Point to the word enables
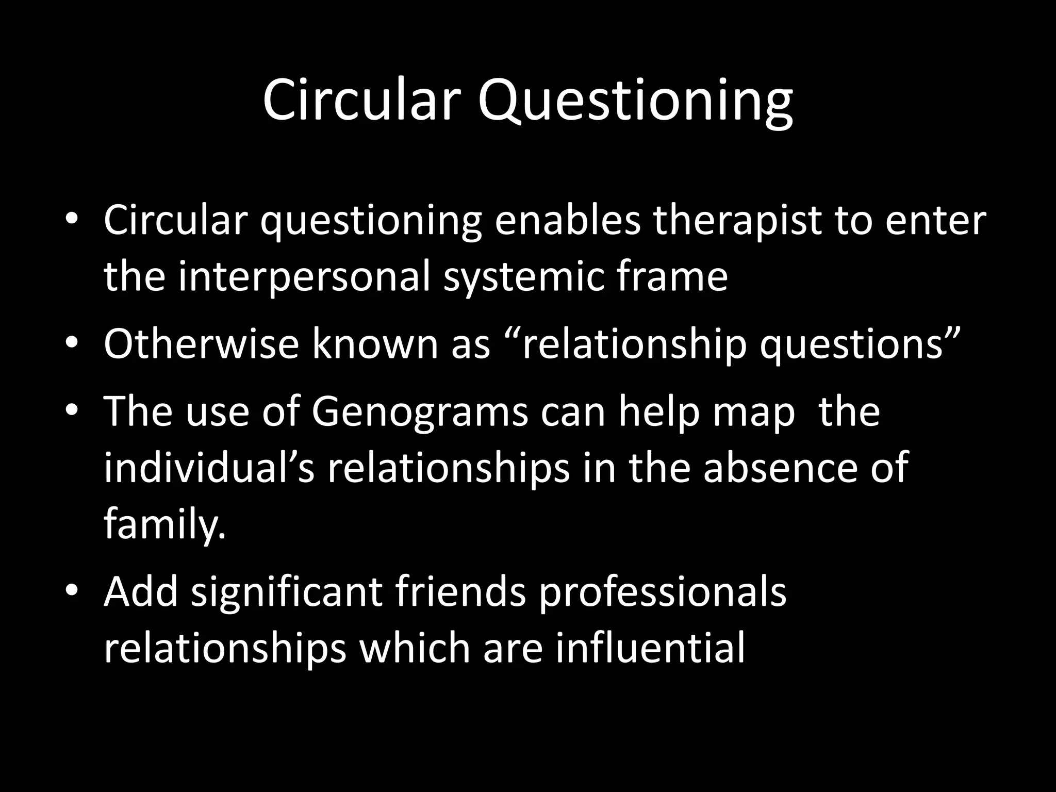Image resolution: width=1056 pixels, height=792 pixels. pos(568,220)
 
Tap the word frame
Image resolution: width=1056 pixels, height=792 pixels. pos(671,277)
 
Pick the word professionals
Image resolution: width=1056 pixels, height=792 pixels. pos(662,592)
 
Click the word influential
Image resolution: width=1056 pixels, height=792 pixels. pos(650,648)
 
